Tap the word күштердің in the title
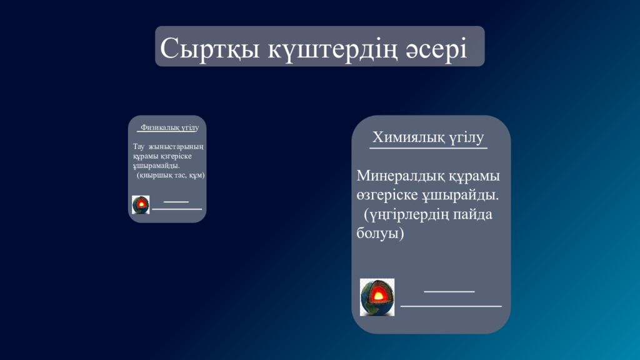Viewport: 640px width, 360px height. (x=333, y=48)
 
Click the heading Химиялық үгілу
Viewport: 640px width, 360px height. (x=428, y=137)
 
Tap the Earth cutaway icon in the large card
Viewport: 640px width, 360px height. (x=377, y=297)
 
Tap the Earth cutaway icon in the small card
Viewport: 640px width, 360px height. (x=141, y=204)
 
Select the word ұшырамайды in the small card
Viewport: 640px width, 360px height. (x=156, y=166)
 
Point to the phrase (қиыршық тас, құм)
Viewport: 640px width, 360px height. (x=171, y=175)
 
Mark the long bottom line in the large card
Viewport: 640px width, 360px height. (x=451, y=306)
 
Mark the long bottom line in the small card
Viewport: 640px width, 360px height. (x=177, y=209)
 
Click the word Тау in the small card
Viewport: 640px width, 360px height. (x=139, y=147)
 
